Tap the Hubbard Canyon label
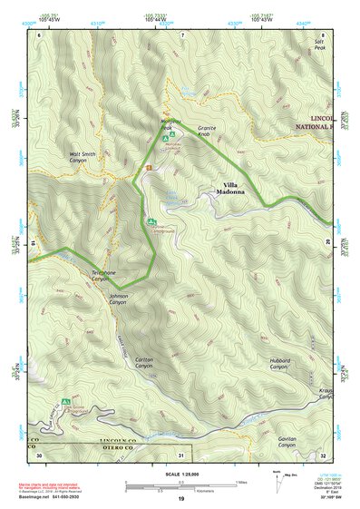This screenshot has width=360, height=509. [x=279, y=364]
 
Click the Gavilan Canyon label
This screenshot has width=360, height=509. [x=282, y=441]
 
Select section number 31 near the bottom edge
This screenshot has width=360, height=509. [x=181, y=455]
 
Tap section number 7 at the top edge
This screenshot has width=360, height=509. [x=182, y=34]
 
